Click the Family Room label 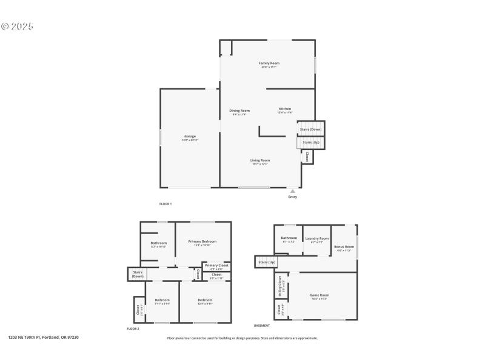coord(270,63)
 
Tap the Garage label coord(190,137)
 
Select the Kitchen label coord(285,109)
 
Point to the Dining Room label coord(239,111)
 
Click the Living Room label coord(260,160)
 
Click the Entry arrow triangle coord(293,191)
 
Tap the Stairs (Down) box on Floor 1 coord(311,129)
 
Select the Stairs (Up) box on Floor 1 coord(310,142)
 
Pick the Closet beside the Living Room coord(307,157)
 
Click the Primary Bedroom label coord(202,241)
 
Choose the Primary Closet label coord(216,266)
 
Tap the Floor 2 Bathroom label coord(159,243)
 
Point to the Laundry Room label coord(316,238)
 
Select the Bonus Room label coord(344,247)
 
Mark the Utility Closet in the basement coord(280,283)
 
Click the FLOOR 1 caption coord(166,204)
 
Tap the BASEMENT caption coord(262,325)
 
